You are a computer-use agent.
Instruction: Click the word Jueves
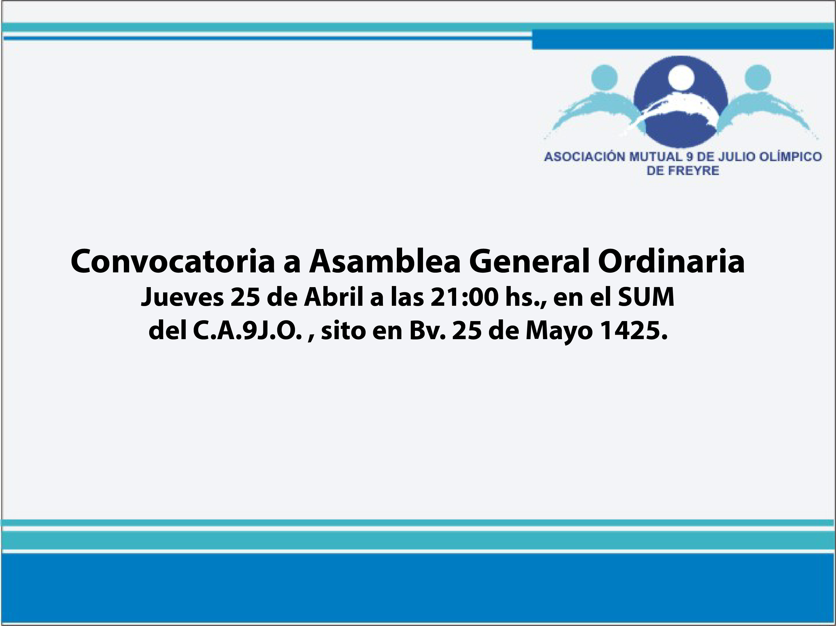pyautogui.click(x=182, y=297)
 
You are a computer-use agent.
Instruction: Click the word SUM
pyautogui.click(x=646, y=297)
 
